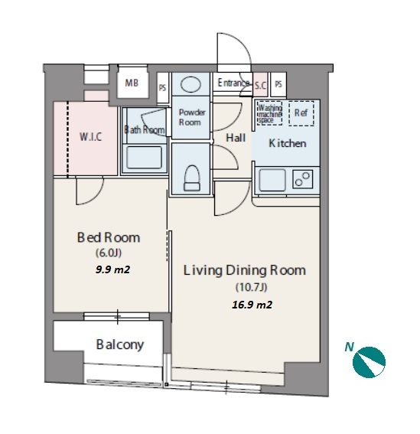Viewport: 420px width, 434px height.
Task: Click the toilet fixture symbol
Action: click(192, 178)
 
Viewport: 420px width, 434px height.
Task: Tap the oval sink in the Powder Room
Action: click(191, 84)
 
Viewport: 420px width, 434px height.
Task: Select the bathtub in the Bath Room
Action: click(144, 158)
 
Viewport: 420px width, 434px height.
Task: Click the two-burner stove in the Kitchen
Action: click(303, 179)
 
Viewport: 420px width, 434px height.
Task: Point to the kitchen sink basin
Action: click(272, 180)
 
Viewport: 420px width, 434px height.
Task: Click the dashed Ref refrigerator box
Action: click(301, 113)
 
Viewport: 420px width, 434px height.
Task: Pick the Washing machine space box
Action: click(269, 113)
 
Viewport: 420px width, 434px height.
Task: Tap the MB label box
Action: click(132, 83)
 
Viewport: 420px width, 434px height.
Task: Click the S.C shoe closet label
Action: click(260, 86)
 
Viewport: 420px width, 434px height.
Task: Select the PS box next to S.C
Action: click(278, 84)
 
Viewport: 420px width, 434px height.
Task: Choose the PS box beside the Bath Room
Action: click(162, 88)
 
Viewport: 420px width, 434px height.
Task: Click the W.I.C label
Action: click(90, 137)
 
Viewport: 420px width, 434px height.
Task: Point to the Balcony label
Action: click(120, 344)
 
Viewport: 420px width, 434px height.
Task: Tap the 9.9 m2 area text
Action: click(113, 269)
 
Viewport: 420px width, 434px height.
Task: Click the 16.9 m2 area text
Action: click(252, 305)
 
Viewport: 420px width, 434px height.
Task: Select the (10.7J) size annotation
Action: click(251, 287)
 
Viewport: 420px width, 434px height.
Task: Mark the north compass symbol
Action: click(369, 362)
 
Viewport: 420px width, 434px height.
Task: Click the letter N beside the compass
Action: click(349, 347)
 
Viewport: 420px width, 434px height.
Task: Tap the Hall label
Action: click(236, 138)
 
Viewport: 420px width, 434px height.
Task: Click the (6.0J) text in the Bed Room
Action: click(109, 253)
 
